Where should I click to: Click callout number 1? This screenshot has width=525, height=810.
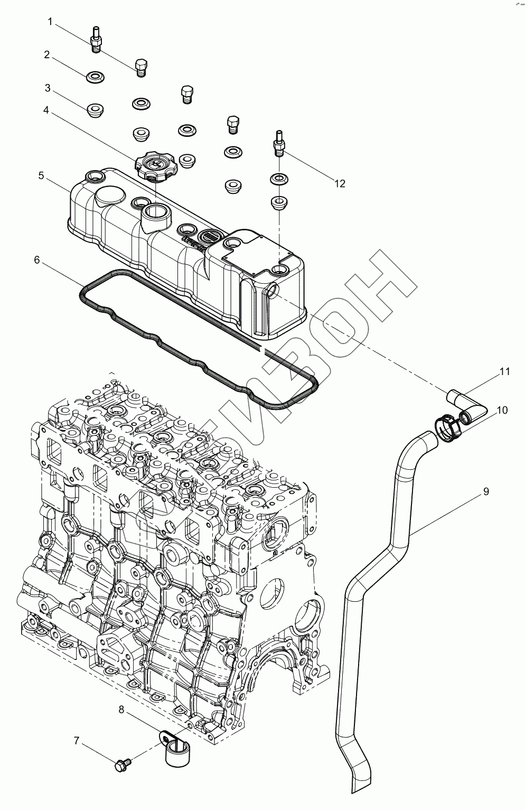[50, 22]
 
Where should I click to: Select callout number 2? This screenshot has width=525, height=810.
[47, 54]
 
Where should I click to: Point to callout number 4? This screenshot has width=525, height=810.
[46, 110]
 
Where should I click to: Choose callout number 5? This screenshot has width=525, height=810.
[41, 175]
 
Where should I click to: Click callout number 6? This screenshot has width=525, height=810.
[36, 260]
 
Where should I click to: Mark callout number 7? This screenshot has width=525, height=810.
[76, 741]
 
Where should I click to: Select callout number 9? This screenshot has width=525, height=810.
[485, 492]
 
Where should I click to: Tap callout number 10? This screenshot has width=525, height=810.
[502, 410]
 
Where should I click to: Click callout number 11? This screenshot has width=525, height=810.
[505, 372]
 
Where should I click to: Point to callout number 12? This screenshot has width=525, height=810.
[339, 183]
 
